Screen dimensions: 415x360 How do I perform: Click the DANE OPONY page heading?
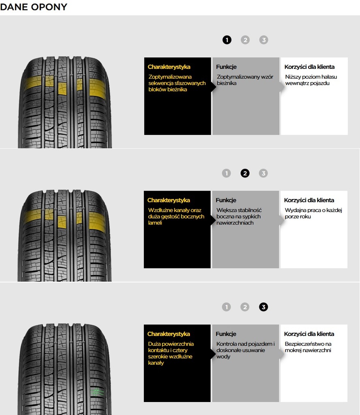[34, 7]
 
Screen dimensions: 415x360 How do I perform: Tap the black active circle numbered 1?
[227, 40]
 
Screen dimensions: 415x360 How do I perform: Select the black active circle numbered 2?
[245, 173]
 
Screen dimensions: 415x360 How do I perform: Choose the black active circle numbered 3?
[263, 307]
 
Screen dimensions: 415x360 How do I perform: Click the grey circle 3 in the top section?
[264, 40]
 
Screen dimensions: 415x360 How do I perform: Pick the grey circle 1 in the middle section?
[226, 173]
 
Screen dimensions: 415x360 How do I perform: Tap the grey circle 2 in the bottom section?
[245, 307]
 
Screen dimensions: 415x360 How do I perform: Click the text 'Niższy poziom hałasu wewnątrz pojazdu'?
[311, 80]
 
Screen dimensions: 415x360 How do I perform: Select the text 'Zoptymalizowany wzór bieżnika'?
[245, 80]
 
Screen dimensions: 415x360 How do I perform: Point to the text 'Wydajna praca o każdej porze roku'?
[313, 213]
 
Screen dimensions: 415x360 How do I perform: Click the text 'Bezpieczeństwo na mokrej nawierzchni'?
[308, 347]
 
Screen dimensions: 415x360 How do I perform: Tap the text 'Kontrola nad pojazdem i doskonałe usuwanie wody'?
[245, 350]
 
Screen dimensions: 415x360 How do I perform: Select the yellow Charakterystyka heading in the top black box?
[169, 67]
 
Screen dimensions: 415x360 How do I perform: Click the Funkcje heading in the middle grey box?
[226, 200]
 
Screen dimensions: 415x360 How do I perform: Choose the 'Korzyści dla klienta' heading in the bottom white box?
[309, 334]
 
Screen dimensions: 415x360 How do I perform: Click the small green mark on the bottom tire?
[97, 392]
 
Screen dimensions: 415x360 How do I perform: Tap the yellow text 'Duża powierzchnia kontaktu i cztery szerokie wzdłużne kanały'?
[170, 353]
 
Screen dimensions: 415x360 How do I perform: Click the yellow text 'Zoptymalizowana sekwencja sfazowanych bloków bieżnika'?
[177, 83]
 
